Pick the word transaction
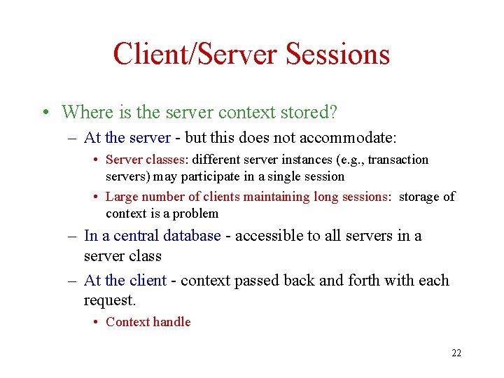point(398,160)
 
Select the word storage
point(419,197)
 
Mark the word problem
point(195,213)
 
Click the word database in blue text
point(188,236)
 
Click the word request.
point(108,300)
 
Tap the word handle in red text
point(172,322)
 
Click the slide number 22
point(456,353)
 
